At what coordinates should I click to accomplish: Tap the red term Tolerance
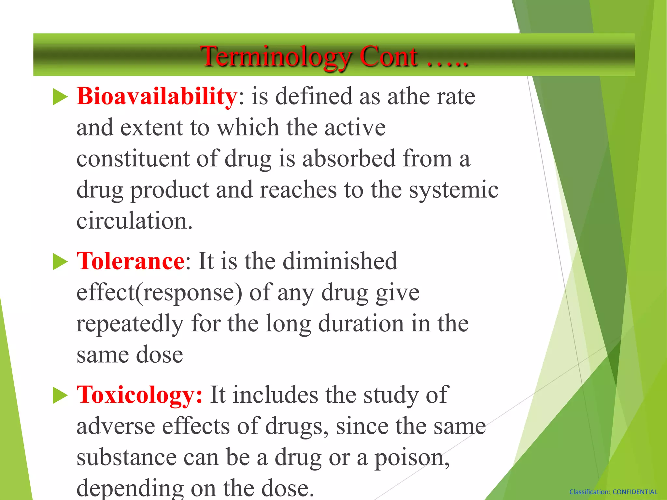(131, 261)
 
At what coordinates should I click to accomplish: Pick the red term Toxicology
(139, 395)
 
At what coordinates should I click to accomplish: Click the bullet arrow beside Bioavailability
(60, 97)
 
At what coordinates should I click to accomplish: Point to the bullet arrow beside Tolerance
(60, 262)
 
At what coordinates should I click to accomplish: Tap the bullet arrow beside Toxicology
(60, 396)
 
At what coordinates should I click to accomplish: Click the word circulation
(134, 221)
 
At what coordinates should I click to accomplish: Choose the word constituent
(133, 159)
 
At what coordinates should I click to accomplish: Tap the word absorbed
(349, 159)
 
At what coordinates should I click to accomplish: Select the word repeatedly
(130, 324)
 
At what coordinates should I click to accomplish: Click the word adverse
(116, 426)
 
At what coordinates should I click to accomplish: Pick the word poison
(412, 458)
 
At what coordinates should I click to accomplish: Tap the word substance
(126, 457)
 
